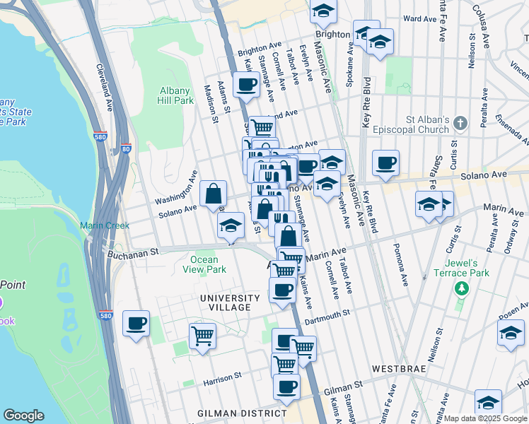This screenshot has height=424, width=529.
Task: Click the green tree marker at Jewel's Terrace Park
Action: (x=462, y=288)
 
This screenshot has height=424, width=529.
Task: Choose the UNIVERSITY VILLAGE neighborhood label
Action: (x=225, y=302)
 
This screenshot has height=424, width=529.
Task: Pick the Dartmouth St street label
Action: (x=327, y=314)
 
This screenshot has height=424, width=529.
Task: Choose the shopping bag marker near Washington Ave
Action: (x=213, y=194)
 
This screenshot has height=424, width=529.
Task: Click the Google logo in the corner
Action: (x=24, y=416)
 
